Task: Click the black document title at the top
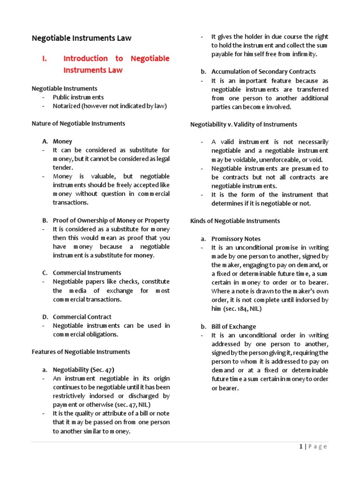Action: coord(82,38)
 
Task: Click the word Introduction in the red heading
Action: coord(85,59)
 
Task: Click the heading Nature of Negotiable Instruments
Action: coord(78,123)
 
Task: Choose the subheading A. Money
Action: coord(62,141)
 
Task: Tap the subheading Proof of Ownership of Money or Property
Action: coord(111,220)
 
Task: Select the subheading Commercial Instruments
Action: coord(87,273)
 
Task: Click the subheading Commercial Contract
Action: coord(82,317)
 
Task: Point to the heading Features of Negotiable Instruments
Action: coord(81,352)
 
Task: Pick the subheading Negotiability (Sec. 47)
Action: coord(83,369)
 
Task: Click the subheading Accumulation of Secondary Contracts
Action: coord(263,72)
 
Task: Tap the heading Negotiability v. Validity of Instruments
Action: coord(243,124)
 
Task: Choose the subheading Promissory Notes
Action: coord(236,239)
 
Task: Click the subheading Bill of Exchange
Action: coord(233,326)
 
